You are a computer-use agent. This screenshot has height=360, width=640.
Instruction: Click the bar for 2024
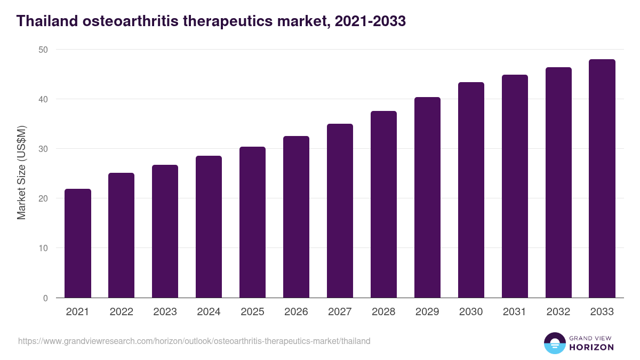[209, 227]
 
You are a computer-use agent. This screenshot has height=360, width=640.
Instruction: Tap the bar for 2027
[340, 211]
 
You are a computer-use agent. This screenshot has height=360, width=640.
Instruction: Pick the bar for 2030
[471, 190]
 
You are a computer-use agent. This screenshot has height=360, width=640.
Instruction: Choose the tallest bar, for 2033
[602, 179]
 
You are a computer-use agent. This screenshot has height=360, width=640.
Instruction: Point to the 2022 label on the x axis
[122, 312]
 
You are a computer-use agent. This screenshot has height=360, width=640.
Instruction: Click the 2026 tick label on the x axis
[296, 312]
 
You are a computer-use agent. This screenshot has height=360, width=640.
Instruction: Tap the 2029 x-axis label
[427, 312]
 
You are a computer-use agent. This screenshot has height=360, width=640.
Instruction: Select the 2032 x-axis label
[558, 312]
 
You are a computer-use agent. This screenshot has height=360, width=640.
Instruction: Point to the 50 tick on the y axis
[42, 50]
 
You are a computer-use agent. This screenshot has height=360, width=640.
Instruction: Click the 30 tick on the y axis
[42, 149]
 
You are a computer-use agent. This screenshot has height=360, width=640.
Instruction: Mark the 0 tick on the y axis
[45, 298]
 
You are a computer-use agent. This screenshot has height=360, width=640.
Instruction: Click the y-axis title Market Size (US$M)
[22, 173]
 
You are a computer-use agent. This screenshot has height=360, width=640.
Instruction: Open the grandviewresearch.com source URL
[194, 341]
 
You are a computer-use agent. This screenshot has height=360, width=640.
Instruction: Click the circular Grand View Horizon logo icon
[554, 343]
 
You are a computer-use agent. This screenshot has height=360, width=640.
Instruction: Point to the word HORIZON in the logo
[591, 347]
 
